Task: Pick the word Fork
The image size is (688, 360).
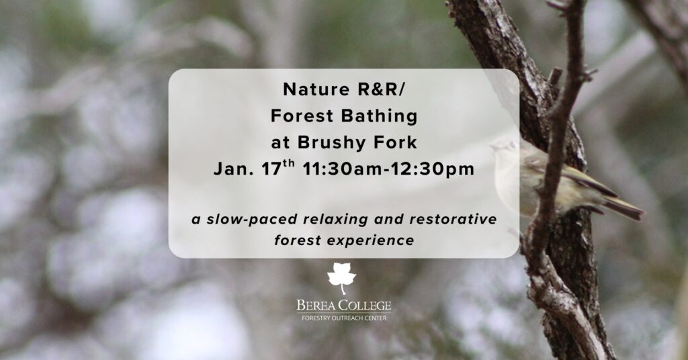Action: pyautogui.click(x=396, y=142)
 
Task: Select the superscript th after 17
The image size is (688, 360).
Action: pyautogui.click(x=288, y=164)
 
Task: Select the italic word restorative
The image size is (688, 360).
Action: pyautogui.click(x=453, y=219)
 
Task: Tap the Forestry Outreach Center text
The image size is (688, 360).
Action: pyautogui.click(x=344, y=318)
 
